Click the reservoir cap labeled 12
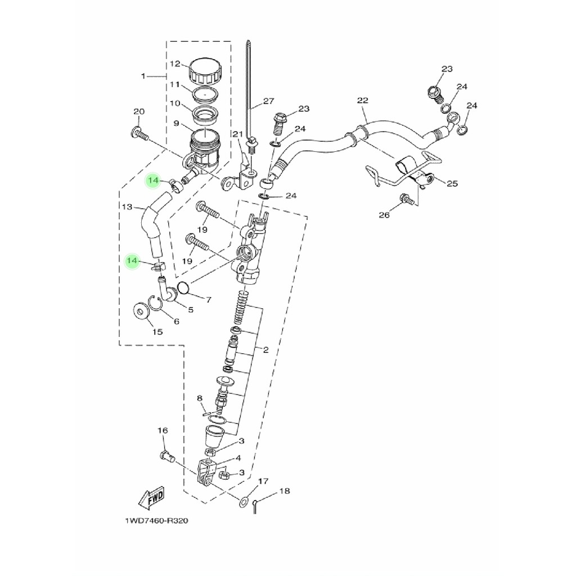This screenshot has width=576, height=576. [206, 70]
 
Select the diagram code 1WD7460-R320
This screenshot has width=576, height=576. [156, 520]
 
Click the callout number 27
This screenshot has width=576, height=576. [268, 101]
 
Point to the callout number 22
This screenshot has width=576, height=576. [362, 100]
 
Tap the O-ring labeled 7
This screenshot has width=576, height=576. [183, 288]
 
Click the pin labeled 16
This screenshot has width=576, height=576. [168, 457]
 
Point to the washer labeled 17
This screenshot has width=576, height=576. [243, 502]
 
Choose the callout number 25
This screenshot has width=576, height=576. [452, 183]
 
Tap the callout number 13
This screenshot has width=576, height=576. [127, 207]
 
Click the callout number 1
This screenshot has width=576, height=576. [143, 76]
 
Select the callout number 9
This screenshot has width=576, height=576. [176, 123]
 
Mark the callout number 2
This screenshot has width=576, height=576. [266, 350]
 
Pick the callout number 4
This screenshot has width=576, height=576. [238, 458]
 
